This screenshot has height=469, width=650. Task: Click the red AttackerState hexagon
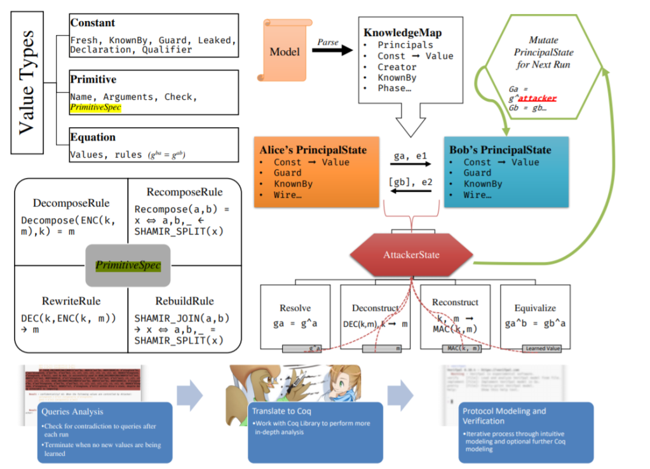[411, 255]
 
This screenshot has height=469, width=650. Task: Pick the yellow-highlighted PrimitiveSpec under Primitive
[95, 107]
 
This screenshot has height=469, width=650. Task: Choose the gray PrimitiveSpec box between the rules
[128, 265]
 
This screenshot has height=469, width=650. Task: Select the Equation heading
[93, 137]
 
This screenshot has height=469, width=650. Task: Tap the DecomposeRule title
[71, 203]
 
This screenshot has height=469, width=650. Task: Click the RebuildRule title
[184, 301]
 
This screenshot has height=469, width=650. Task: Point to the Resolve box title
[295, 308]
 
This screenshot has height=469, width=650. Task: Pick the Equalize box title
[535, 308]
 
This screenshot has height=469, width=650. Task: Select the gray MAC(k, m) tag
[464, 348]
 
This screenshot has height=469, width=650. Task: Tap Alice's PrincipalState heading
[313, 150]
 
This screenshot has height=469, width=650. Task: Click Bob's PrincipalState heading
[500, 151]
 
